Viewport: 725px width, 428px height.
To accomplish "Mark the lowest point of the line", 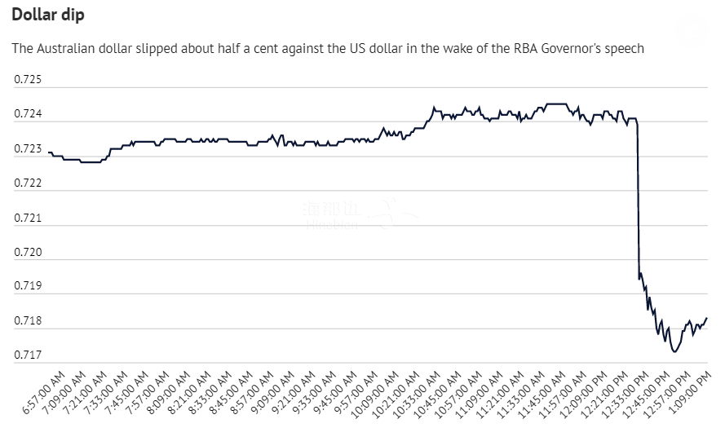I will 674,351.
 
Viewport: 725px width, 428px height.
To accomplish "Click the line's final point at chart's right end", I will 706,318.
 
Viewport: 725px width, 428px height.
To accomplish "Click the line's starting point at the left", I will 49,152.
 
